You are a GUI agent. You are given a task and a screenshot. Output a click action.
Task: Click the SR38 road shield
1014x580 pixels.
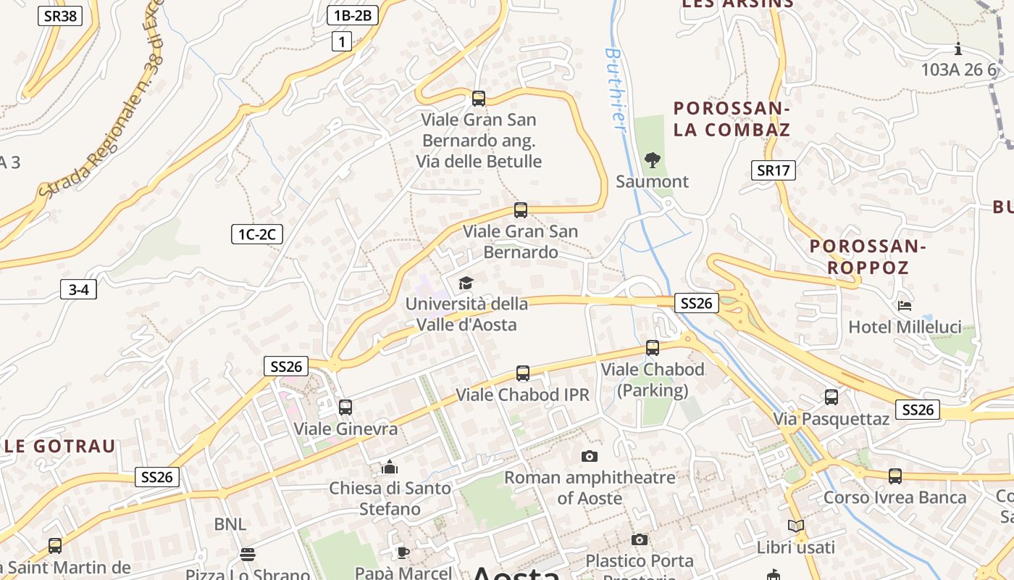click(x=59, y=16)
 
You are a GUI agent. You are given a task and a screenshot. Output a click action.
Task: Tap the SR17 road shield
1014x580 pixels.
click(x=774, y=170)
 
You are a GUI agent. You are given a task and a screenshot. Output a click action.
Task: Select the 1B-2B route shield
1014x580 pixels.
click(x=353, y=15)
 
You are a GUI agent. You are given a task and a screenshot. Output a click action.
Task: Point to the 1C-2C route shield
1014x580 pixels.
click(x=257, y=234)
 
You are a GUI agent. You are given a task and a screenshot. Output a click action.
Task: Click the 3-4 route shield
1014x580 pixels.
click(x=78, y=290)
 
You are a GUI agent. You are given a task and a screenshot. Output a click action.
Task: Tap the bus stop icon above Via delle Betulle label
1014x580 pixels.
click(x=478, y=99)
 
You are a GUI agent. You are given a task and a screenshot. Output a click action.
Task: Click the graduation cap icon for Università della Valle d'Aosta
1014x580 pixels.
click(x=466, y=283)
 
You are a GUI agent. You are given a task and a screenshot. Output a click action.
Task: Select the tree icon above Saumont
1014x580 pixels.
click(x=652, y=159)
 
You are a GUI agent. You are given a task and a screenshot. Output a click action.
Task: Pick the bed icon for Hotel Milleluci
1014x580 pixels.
click(x=905, y=306)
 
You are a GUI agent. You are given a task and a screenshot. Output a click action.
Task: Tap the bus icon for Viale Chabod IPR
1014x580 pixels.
click(x=523, y=373)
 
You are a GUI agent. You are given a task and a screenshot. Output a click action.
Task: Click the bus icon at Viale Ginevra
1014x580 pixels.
click(x=345, y=407)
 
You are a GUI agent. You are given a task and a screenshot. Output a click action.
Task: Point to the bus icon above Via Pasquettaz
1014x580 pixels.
click(x=831, y=397)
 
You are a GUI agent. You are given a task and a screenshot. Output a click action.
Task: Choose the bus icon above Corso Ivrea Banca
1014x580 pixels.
click(x=895, y=476)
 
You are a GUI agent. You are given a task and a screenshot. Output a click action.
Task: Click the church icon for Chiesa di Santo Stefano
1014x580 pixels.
click(x=390, y=467)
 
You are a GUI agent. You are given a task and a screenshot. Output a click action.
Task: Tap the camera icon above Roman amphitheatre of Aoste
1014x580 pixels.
click(x=590, y=456)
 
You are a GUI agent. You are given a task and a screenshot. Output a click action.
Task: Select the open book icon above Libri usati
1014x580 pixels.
click(x=795, y=526)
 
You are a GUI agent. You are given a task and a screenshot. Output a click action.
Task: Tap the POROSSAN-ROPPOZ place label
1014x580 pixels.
click(x=868, y=257)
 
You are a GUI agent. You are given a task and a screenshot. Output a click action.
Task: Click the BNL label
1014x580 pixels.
click(x=230, y=524)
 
